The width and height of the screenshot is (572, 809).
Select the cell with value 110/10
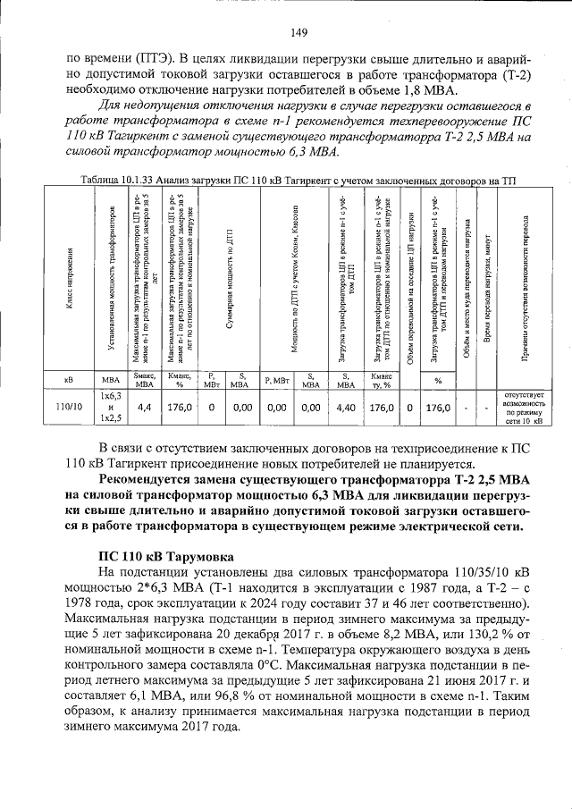pyautogui.click(x=69, y=407)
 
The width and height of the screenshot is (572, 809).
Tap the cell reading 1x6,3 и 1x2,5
pyautogui.click(x=111, y=407)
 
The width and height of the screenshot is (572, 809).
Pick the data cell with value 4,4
pyautogui.click(x=144, y=407)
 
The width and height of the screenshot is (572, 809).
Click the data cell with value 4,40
pyautogui.click(x=346, y=407)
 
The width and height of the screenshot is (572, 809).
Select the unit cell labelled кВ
pyautogui.click(x=69, y=381)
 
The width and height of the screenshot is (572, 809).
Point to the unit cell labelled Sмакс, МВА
pyautogui.click(x=144, y=381)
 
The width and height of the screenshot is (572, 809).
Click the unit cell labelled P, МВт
pyautogui.click(x=212, y=381)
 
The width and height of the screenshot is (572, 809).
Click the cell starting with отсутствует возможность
pyautogui.click(x=526, y=407)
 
